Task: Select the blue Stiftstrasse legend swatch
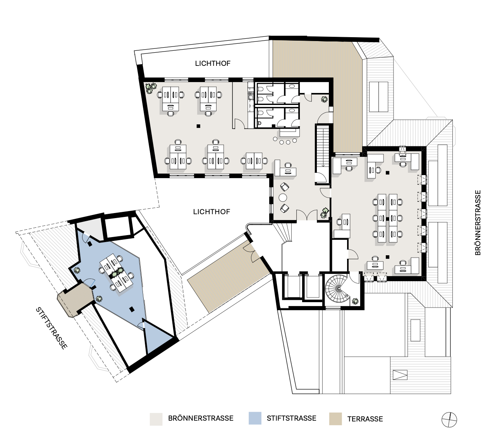point(255,418)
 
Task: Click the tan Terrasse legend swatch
point(335,419)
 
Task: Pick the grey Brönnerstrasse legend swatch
point(156,419)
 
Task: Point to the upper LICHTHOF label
point(213,64)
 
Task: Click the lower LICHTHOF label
point(211,212)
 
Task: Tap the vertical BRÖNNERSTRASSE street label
point(478,222)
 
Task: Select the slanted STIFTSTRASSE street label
point(51,328)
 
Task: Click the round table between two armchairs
point(283,198)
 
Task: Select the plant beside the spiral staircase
point(355,301)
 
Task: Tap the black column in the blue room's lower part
point(132,309)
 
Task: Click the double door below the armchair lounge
point(307,215)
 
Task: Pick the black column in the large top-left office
point(198,126)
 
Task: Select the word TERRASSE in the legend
point(365,419)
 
